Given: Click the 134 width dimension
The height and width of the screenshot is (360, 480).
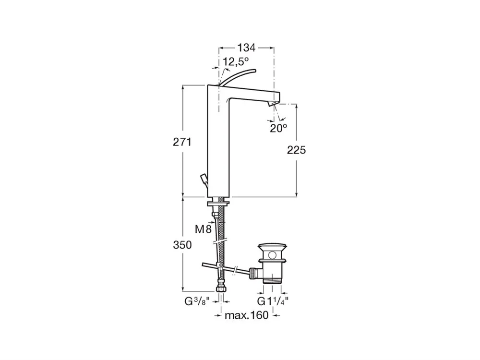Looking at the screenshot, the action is click(246, 48).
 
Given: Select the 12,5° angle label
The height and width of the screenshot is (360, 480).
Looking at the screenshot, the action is click(236, 61).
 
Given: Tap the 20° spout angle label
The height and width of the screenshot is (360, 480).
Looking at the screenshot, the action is click(278, 128).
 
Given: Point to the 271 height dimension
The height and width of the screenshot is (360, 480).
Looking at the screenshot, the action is click(182, 142).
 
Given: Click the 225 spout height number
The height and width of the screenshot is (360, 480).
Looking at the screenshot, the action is click(296, 150).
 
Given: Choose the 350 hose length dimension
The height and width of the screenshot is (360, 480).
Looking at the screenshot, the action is click(182, 245).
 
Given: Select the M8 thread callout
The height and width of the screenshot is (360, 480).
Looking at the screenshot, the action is click(203, 229).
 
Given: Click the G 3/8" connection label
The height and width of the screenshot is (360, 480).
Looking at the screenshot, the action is click(197, 301).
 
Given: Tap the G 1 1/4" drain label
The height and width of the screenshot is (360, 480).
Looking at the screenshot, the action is click(273, 301).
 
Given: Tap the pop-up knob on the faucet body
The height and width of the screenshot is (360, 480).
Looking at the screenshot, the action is click(204, 180).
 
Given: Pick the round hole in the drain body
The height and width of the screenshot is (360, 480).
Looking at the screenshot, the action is click(272, 255).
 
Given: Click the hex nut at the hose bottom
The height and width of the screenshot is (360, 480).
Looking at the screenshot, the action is click(220, 289).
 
